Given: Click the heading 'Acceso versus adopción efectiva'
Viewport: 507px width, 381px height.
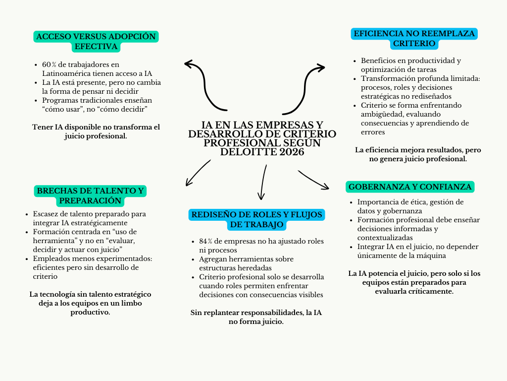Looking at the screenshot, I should click(x=96, y=42).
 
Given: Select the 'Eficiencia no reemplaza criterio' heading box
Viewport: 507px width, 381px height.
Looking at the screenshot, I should click(x=414, y=39).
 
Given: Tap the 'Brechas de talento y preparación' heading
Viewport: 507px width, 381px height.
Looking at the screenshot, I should click(x=91, y=195).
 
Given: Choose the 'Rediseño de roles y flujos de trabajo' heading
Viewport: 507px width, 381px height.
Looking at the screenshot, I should click(x=256, y=220).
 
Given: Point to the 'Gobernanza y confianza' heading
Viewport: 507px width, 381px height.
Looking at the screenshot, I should click(x=410, y=187).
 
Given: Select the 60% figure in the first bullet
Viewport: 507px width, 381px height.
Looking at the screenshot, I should click(x=49, y=65).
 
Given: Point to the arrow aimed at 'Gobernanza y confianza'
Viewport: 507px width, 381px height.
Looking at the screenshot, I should click(x=314, y=180).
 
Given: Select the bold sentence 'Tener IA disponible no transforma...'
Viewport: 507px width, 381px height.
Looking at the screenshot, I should click(x=96, y=131).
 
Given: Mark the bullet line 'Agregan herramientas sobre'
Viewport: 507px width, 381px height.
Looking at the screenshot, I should click(x=246, y=259).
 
